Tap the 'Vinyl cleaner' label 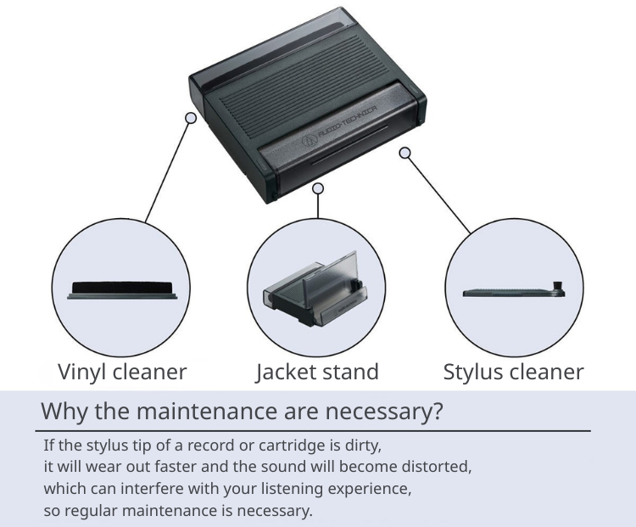click(122, 372)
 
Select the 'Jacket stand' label click(317, 372)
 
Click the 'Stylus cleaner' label click(513, 372)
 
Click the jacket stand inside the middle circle click(317, 293)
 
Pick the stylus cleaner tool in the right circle click(514, 291)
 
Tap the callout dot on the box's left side click(191, 119)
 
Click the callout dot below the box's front click(318, 188)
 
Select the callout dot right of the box click(405, 153)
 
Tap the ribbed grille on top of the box click(280, 102)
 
